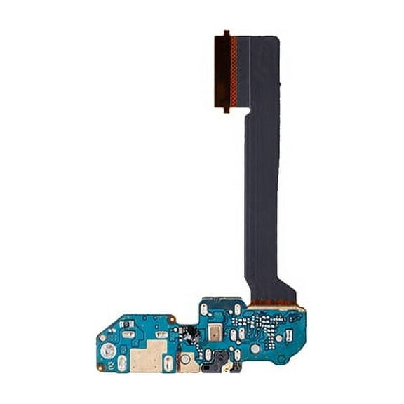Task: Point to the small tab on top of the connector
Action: click(x=226, y=32)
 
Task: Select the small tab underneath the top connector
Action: click(x=226, y=110)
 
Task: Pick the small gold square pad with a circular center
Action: click(x=187, y=361)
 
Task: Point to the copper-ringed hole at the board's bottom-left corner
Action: click(x=100, y=367)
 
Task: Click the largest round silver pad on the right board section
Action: click(x=256, y=348)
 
